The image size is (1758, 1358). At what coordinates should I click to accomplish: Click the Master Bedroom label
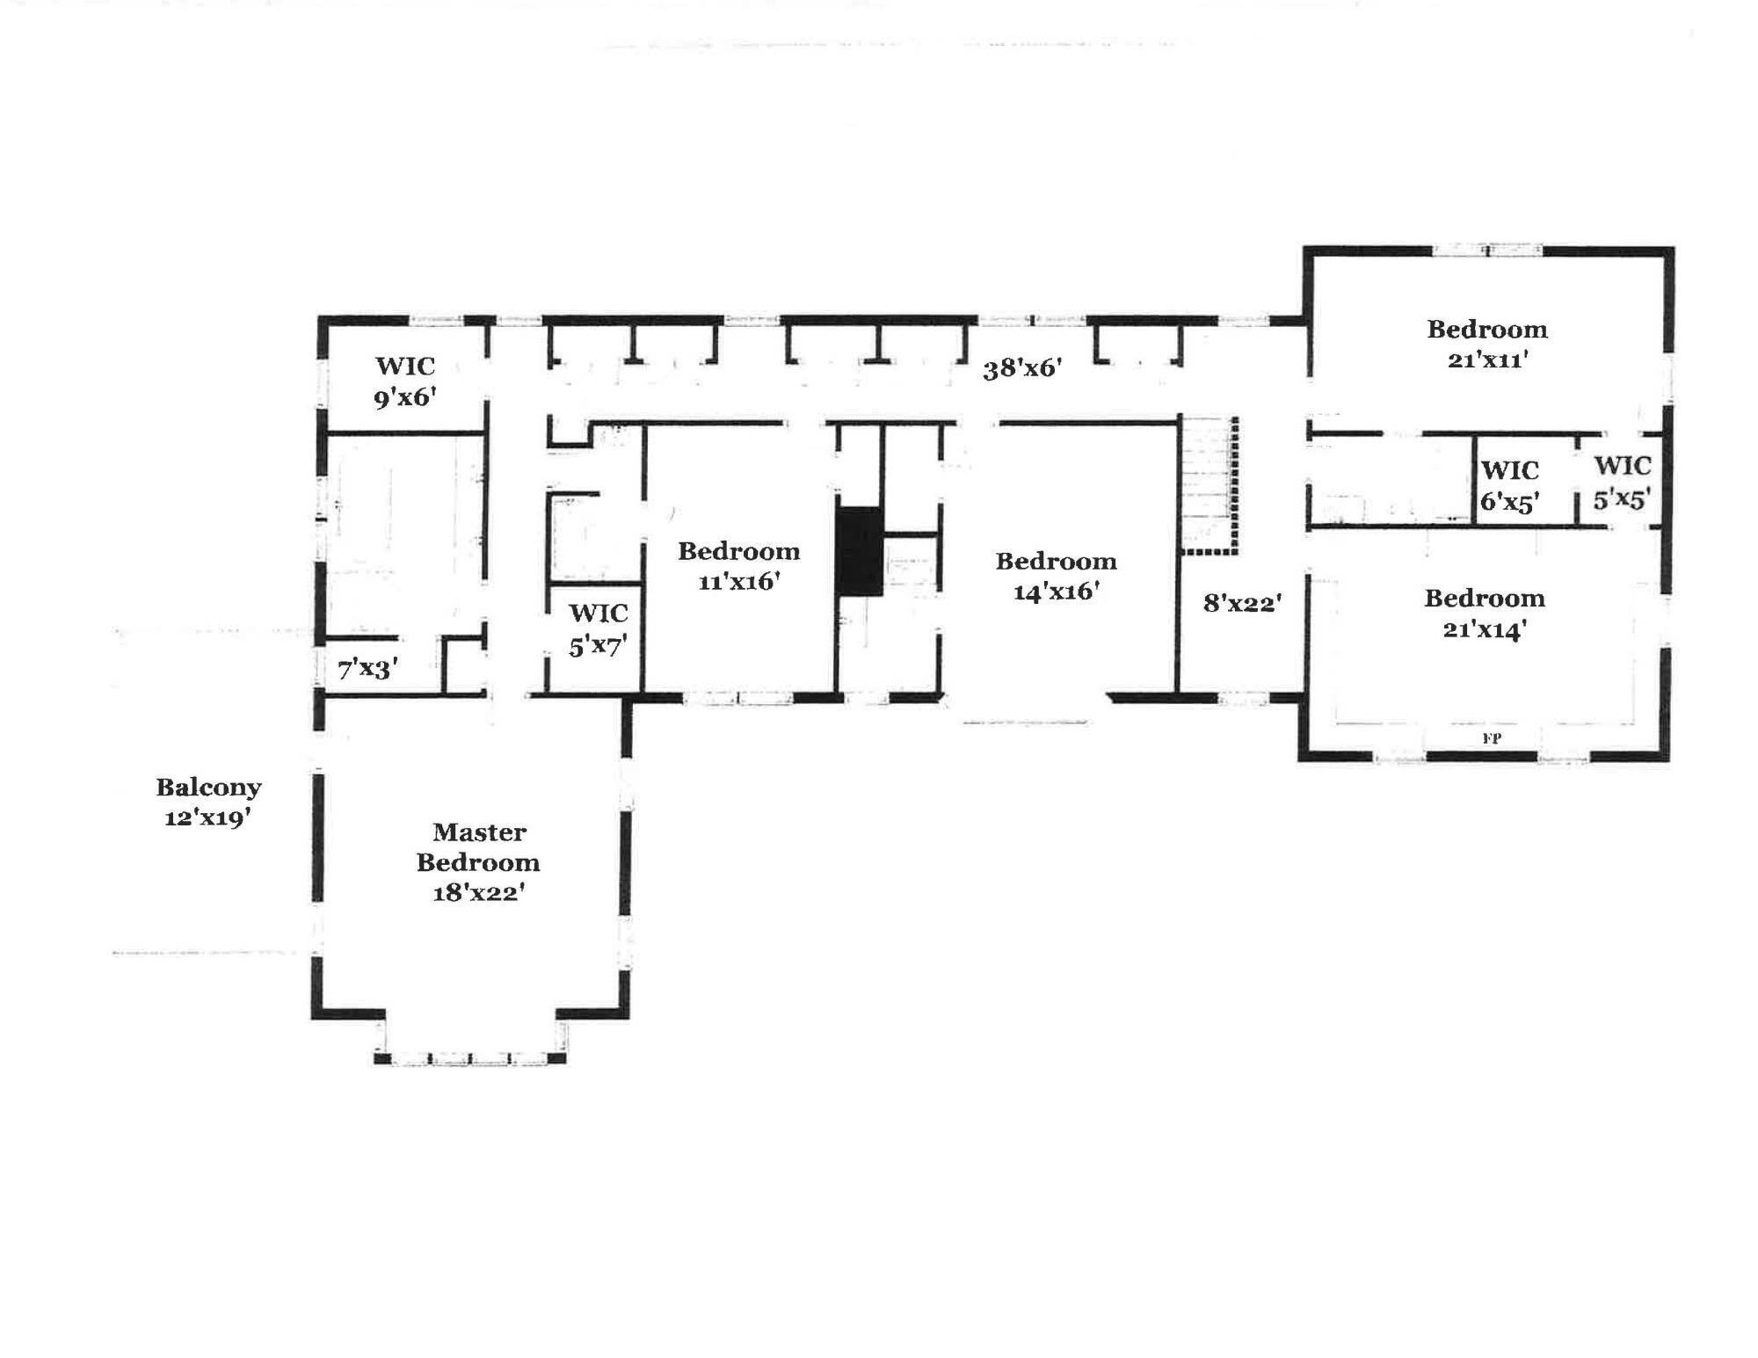click(478, 846)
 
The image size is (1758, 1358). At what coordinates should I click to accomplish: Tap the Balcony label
click(209, 787)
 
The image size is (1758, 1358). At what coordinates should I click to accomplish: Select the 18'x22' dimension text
click(479, 892)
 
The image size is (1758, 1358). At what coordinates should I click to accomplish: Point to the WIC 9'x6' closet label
click(405, 381)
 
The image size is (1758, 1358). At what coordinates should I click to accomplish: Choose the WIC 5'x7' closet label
click(598, 629)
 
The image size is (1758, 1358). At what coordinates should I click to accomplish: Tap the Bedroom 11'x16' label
click(739, 565)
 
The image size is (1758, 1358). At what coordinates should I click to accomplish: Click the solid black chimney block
click(859, 551)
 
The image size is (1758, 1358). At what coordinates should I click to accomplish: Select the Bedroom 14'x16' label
click(1057, 576)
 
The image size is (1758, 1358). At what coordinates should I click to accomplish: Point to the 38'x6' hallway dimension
click(1023, 367)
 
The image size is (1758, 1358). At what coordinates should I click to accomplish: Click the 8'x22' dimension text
click(1242, 603)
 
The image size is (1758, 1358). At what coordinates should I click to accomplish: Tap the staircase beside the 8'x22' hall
click(1208, 485)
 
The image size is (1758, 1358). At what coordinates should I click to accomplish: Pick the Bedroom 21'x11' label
click(1487, 344)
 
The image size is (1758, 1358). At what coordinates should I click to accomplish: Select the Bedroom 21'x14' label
click(1485, 613)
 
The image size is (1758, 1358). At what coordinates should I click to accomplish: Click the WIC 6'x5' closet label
click(1510, 486)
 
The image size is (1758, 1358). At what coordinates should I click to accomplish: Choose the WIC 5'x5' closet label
click(1623, 482)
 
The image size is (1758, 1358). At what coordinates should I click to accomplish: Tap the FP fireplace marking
click(1492, 739)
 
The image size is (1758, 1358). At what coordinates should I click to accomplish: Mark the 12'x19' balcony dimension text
click(208, 817)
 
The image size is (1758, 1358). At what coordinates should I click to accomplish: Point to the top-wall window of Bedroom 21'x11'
click(1487, 251)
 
